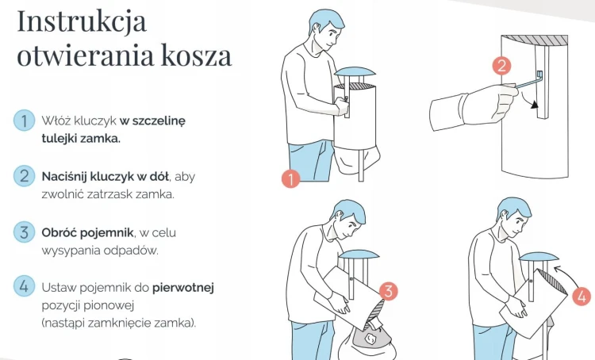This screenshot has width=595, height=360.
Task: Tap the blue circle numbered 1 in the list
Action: (24, 121)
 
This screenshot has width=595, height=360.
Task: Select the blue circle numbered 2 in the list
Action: (24, 175)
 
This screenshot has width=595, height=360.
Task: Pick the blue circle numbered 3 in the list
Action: (24, 232)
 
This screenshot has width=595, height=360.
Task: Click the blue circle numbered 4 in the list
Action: (24, 286)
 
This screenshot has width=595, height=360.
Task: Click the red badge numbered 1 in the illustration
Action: (290, 178)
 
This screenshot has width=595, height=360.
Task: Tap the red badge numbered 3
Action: (387, 290)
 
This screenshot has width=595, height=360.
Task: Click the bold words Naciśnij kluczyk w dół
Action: (106, 176)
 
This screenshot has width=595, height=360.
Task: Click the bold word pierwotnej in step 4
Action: (183, 287)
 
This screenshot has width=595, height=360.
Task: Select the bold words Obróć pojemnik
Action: (86, 232)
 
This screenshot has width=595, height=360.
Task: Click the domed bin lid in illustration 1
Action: (355, 73)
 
